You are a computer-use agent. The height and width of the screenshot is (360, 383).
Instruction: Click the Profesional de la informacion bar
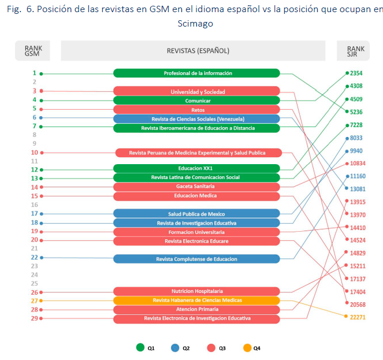click(x=196, y=73)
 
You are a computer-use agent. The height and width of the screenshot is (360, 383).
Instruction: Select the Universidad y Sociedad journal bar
click(x=196, y=91)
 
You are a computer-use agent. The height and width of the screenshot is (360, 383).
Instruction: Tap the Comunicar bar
click(x=196, y=101)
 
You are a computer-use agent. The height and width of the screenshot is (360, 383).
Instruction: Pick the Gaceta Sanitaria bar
click(x=196, y=187)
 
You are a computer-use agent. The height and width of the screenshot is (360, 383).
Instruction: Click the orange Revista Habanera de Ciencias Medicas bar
click(x=196, y=300)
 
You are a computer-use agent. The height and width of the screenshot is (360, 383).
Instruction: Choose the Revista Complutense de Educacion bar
click(x=196, y=259)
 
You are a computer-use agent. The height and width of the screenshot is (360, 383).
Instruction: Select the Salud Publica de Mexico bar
click(x=196, y=214)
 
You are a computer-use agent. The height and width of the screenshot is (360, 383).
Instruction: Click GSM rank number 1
click(x=34, y=73)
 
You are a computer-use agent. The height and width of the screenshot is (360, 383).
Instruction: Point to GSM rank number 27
click(x=34, y=300)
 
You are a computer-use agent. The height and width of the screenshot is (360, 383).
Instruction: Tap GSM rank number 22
click(x=34, y=257)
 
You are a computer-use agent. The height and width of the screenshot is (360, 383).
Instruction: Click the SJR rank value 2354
click(x=356, y=73)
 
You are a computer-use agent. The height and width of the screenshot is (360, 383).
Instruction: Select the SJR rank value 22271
click(x=358, y=317)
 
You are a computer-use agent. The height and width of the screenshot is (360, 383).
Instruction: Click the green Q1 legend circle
click(x=140, y=348)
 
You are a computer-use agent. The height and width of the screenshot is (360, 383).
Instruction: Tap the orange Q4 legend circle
click(x=247, y=348)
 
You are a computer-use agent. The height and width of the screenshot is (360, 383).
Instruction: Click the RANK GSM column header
click(x=32, y=51)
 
